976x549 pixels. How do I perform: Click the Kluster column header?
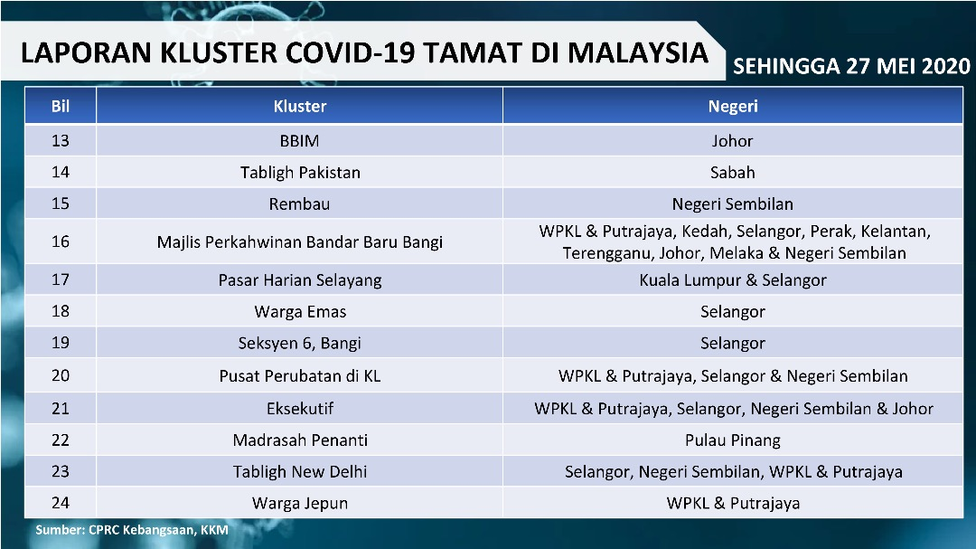point(299,106)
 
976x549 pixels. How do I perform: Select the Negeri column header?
point(733,106)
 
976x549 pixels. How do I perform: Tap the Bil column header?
point(61,106)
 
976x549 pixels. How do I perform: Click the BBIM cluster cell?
point(299,141)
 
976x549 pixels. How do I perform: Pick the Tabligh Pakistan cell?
point(300,173)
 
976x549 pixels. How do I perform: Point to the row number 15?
point(61,204)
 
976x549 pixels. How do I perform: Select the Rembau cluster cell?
point(299,204)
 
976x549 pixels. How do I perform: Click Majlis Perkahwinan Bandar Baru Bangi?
point(299,241)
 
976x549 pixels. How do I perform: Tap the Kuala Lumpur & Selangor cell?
point(733,280)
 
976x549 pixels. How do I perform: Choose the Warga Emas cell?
point(300,311)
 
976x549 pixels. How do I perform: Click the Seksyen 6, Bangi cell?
point(299,344)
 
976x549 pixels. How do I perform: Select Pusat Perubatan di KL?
point(299,376)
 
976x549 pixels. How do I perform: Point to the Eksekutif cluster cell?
point(300,409)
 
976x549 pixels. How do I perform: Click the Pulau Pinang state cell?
point(733,440)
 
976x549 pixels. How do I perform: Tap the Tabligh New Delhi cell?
point(300,472)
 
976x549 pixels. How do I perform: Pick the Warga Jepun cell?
point(300,504)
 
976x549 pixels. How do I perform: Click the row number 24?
point(61,503)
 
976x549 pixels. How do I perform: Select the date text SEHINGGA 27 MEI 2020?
point(851,66)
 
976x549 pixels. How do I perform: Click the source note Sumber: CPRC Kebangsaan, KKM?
point(132,530)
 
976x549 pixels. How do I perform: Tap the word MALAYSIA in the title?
point(638,53)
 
